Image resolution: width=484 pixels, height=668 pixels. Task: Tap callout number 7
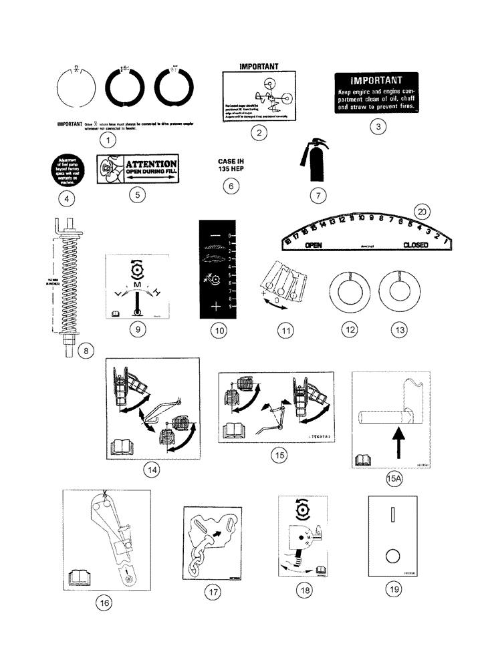tap(319, 196)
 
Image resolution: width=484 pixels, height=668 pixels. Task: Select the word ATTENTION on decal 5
tap(152, 164)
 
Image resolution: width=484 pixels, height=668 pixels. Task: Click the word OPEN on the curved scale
tap(314, 245)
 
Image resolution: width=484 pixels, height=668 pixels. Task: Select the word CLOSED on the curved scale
tap(416, 244)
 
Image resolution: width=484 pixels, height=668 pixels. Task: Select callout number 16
tap(104, 603)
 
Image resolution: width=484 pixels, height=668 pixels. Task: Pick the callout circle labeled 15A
tap(393, 478)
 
